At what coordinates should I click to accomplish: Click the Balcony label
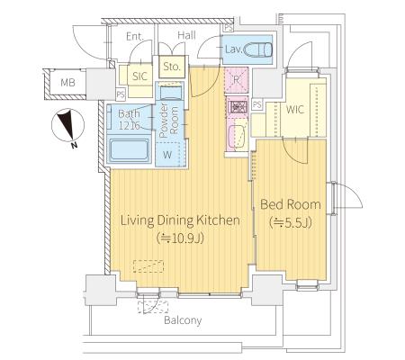coord(183,320)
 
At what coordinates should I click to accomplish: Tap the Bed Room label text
coord(291,204)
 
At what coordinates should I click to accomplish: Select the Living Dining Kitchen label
coord(180,220)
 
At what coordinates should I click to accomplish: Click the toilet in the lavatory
coord(258,49)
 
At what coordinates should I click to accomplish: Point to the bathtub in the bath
coord(129,150)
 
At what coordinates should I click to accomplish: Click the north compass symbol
coord(67,127)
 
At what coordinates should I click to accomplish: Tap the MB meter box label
coord(67,83)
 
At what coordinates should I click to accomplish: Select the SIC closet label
coord(140,76)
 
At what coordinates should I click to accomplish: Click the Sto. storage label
coord(172,67)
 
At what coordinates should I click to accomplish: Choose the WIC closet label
coord(295,110)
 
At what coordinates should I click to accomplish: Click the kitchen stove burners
coord(237,106)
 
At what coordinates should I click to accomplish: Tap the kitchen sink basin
coord(238,137)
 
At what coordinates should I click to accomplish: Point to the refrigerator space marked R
coord(237,80)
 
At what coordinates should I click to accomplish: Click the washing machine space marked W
coord(168,154)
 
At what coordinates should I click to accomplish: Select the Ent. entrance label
coord(135,37)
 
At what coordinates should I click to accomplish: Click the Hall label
coord(186,35)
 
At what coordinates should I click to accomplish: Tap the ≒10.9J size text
coord(180,238)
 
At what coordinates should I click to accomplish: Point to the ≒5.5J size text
coord(291,222)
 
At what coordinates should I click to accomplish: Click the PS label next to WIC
coord(257,104)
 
